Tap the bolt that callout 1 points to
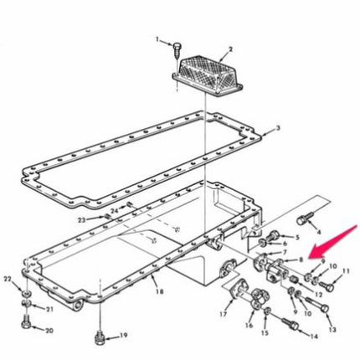point(176,50)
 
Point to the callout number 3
point(279,130)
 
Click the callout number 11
point(346,271)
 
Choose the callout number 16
point(248,325)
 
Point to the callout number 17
point(222,316)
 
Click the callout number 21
point(49,309)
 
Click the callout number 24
point(113,209)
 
